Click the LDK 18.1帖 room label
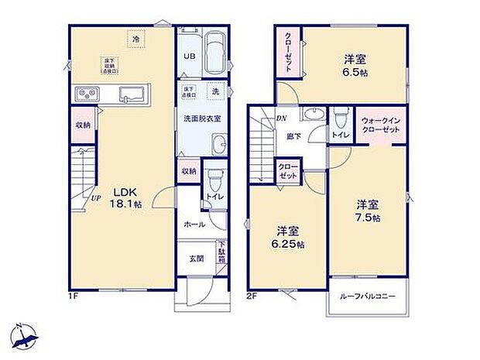click(x=124, y=197)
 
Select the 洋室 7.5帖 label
click(x=369, y=211)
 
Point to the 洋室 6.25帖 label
click(x=289, y=236)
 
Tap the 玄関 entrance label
click(x=196, y=259)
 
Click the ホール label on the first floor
click(x=195, y=224)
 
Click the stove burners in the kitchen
click(x=87, y=94)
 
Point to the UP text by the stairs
click(x=95, y=197)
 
